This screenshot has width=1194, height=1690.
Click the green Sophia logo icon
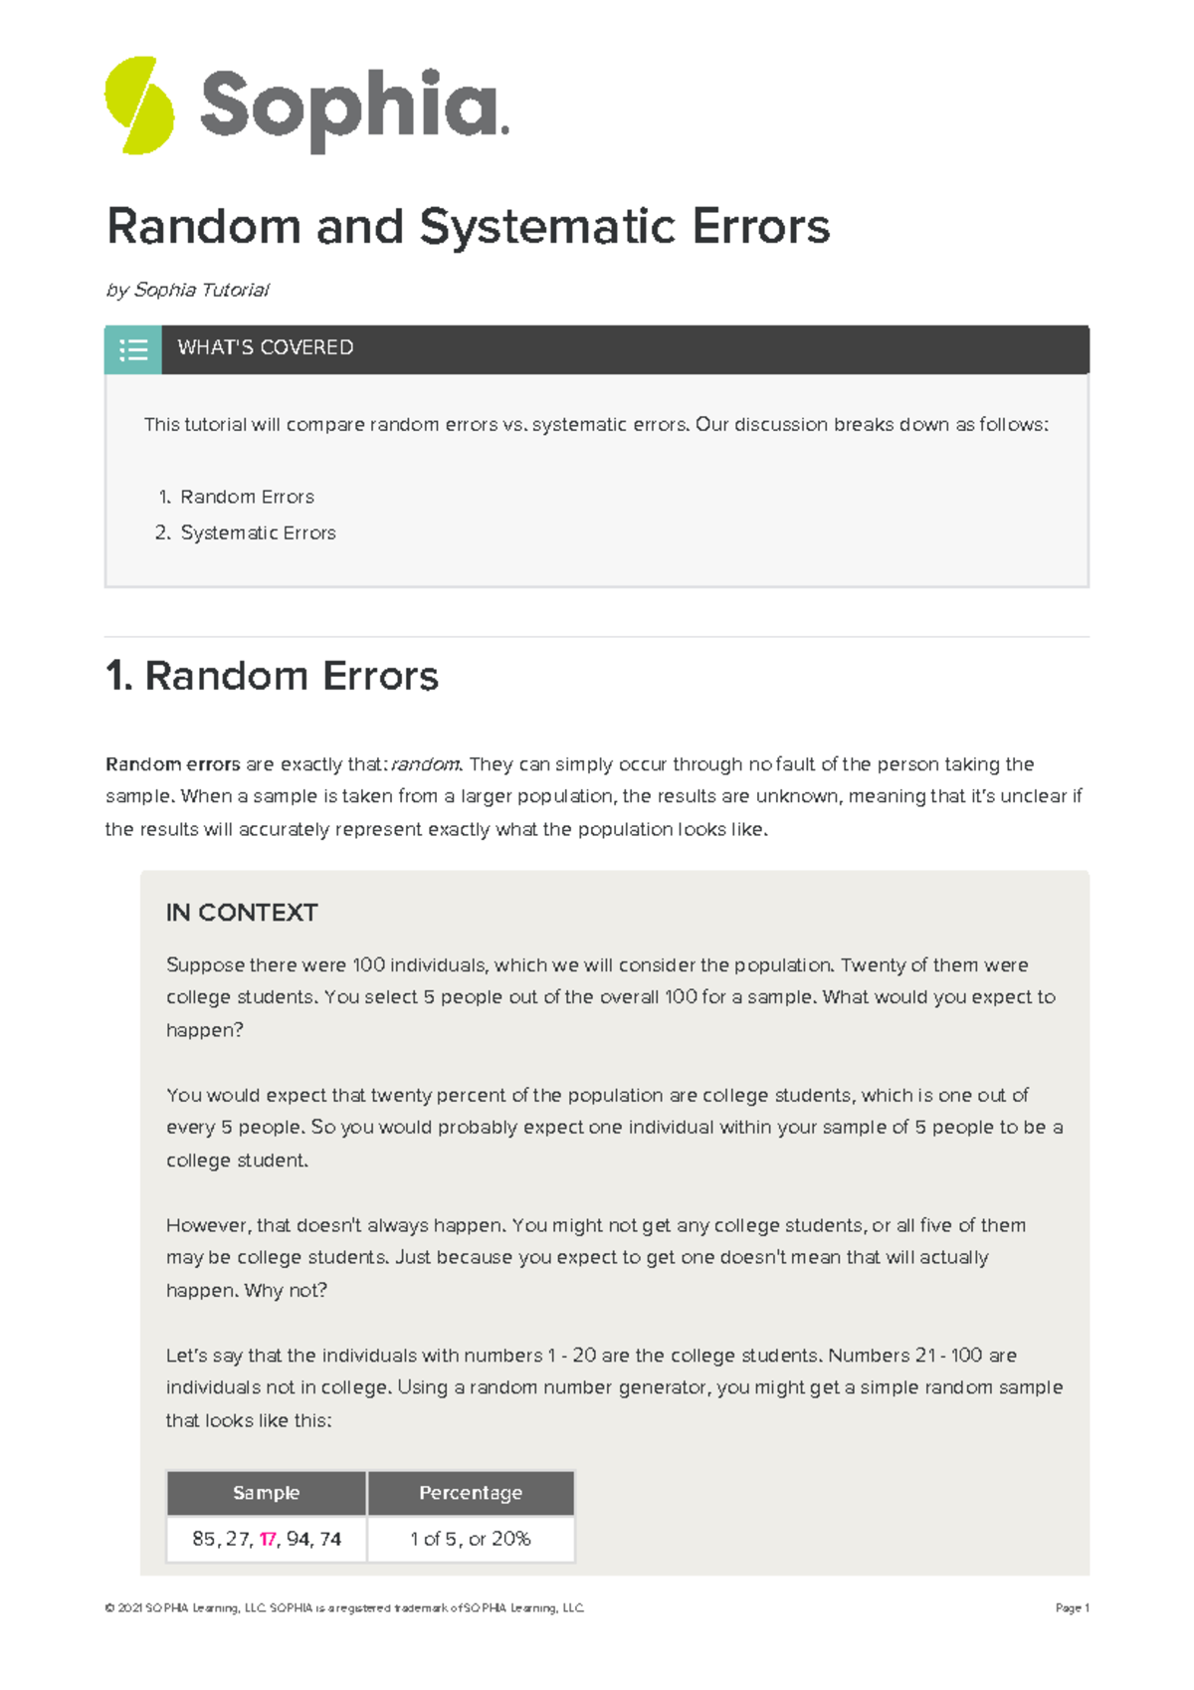click(x=139, y=106)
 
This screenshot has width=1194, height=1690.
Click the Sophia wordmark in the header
click(x=353, y=107)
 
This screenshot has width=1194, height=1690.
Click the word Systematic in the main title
click(x=548, y=226)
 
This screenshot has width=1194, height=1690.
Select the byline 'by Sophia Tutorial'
click(x=187, y=290)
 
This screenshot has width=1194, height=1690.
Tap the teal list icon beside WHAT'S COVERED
click(x=133, y=349)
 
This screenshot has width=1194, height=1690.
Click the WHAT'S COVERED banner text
click(x=265, y=348)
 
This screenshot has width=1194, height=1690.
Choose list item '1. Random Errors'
click(x=237, y=497)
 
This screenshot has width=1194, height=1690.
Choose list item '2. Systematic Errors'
click(x=246, y=532)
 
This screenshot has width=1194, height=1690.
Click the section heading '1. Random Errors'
click(x=272, y=676)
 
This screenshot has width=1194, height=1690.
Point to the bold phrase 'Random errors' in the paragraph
click(x=172, y=764)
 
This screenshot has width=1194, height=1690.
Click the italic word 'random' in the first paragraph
click(x=425, y=764)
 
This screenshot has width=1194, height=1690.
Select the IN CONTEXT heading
click(x=242, y=913)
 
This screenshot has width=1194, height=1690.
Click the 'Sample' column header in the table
click(x=266, y=1493)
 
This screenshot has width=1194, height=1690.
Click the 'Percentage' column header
click(x=471, y=1493)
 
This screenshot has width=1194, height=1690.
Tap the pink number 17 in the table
click(x=268, y=1539)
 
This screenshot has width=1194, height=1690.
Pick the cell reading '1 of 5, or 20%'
click(x=471, y=1539)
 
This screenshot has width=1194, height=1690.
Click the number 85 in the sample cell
click(x=203, y=1539)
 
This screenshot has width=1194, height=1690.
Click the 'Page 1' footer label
click(x=1072, y=1607)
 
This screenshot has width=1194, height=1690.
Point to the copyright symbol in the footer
click(x=108, y=1607)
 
